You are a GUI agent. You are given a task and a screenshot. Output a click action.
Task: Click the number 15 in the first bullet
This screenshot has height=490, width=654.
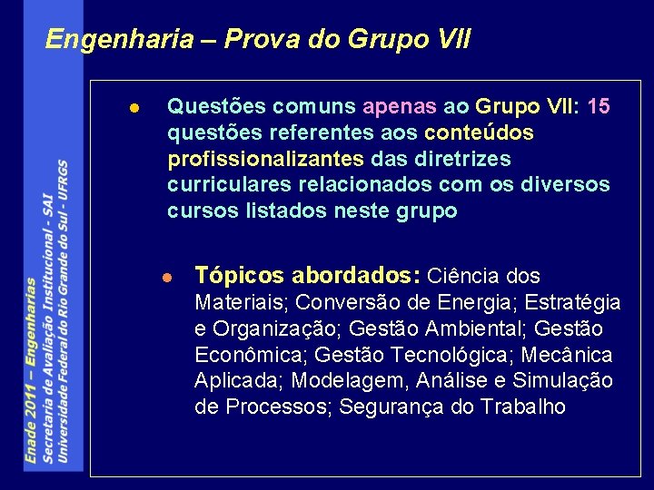click(x=599, y=106)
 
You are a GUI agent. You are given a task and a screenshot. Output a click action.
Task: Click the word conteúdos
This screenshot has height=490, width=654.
click(x=479, y=132)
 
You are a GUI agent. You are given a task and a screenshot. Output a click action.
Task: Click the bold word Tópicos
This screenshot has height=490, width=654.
click(x=235, y=276)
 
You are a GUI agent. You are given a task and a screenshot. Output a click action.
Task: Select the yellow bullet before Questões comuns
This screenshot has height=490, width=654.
click(x=134, y=107)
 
